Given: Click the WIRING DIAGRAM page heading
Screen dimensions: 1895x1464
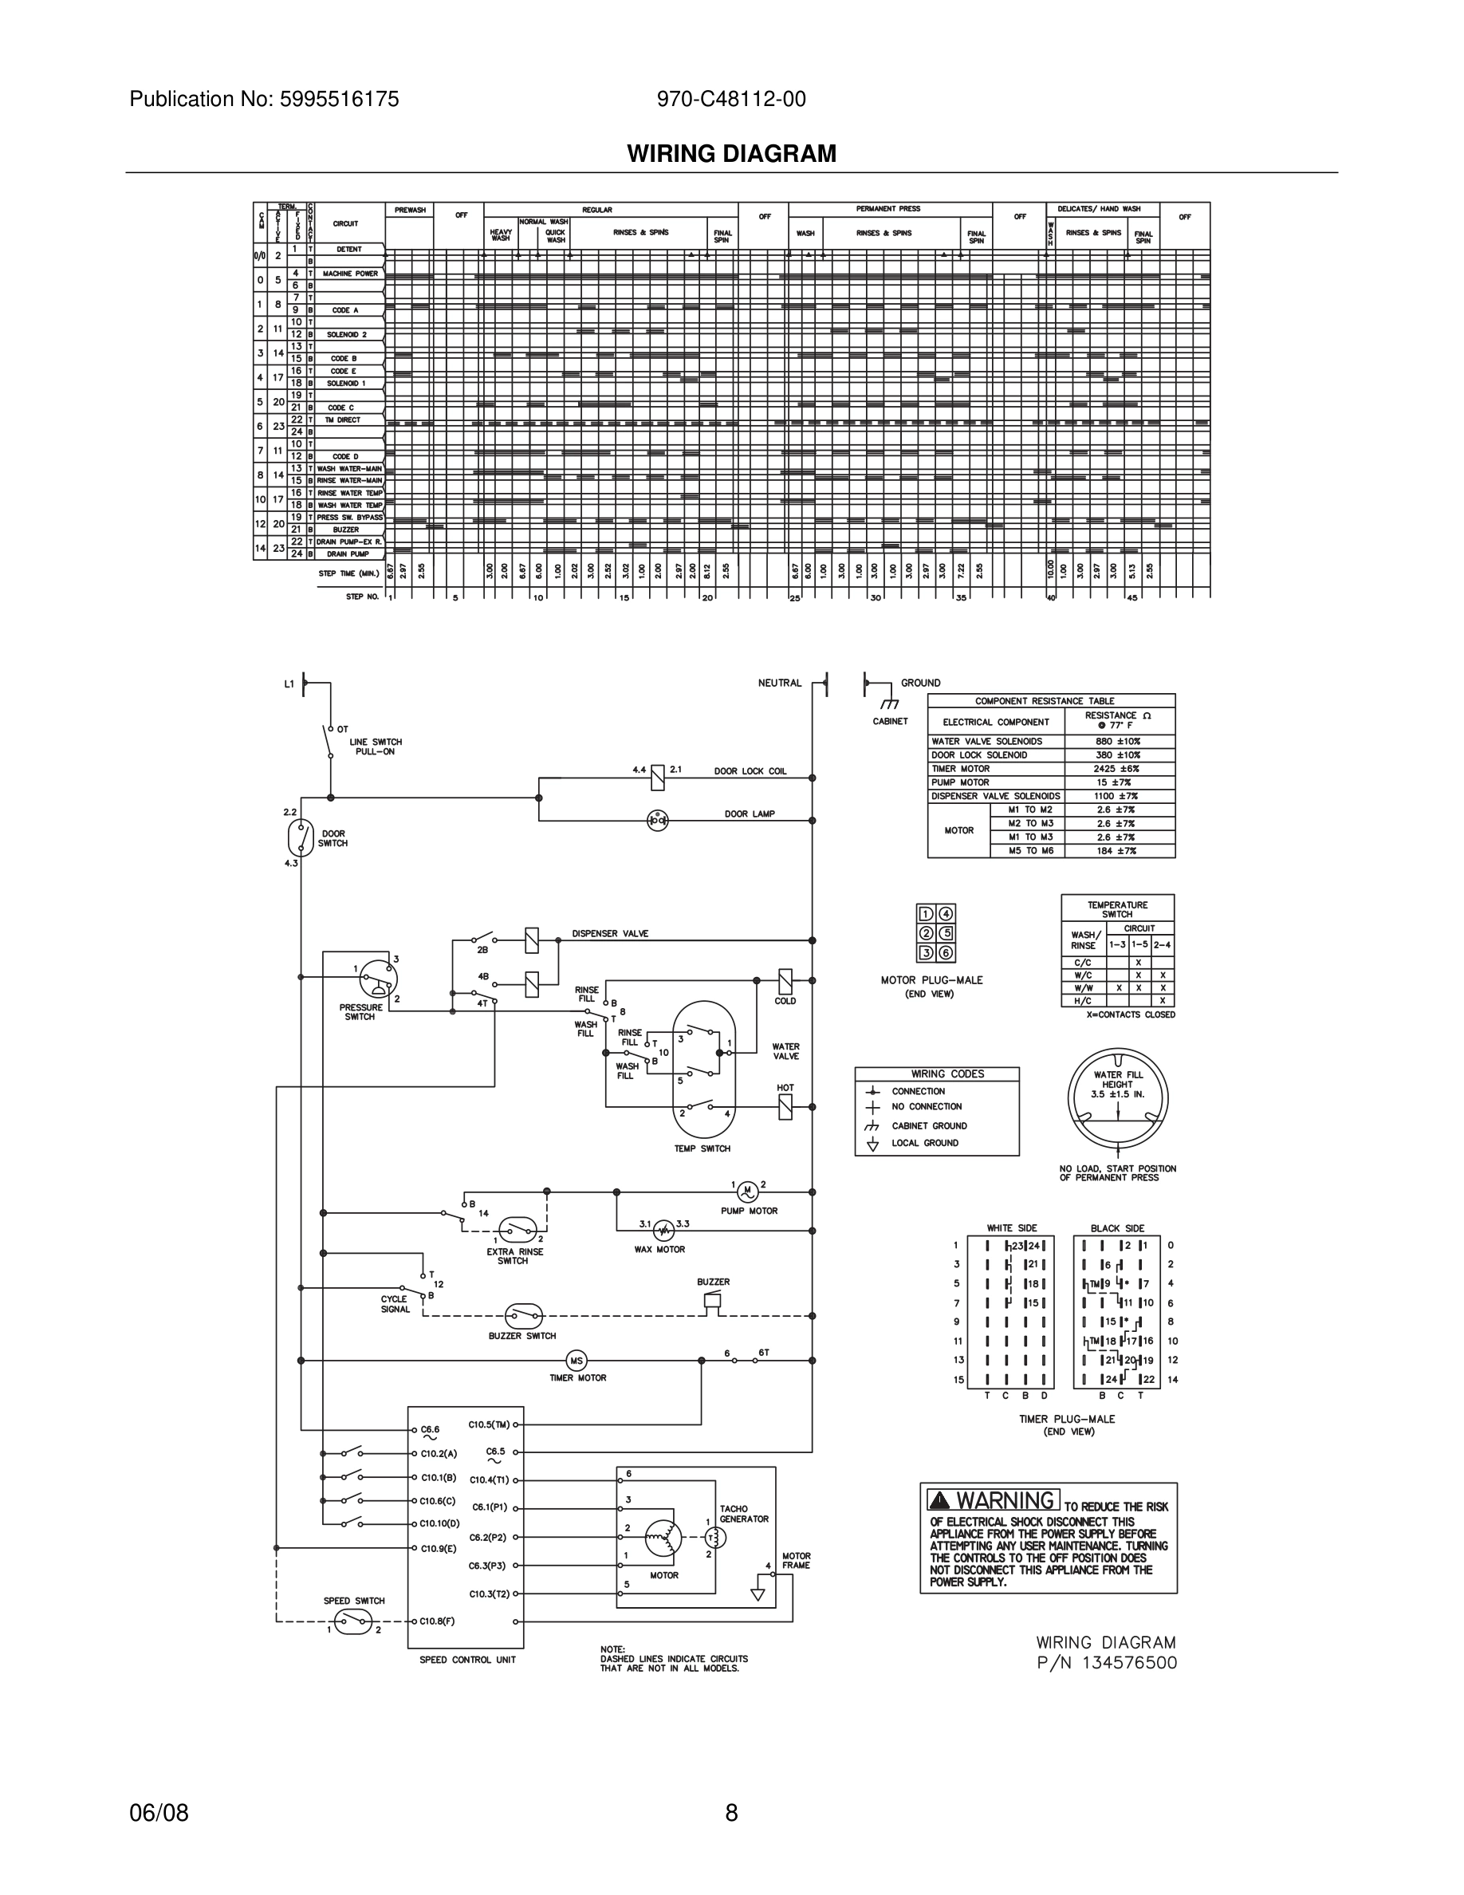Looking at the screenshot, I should [x=731, y=154].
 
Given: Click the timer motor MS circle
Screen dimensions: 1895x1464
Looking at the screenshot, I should [x=577, y=1361].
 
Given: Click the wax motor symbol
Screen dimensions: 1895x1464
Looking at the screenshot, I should [x=663, y=1231].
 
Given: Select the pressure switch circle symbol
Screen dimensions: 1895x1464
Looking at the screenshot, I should [x=378, y=980].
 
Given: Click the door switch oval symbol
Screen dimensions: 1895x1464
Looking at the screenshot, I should [x=300, y=837].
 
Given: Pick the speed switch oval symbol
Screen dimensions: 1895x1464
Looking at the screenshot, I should [x=353, y=1621].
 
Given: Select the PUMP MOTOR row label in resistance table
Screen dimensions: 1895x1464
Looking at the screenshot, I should [x=960, y=782].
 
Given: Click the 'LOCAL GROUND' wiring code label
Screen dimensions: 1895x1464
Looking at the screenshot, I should [x=924, y=1143].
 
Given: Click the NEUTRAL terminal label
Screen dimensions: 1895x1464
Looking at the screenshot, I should [x=780, y=683].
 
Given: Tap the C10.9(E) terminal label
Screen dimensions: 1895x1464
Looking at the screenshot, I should [x=438, y=1548].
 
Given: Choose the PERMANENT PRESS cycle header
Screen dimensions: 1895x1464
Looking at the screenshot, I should [x=888, y=209].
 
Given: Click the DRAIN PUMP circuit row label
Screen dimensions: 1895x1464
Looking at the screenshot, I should [x=348, y=554].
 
